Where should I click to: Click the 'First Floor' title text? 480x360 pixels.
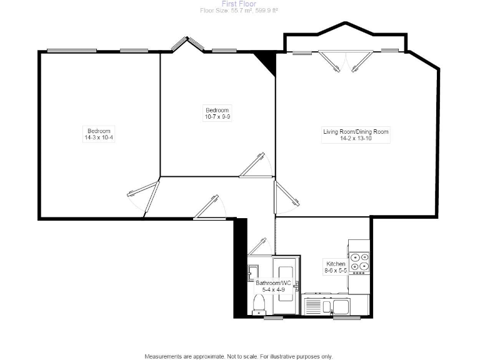[239, 4]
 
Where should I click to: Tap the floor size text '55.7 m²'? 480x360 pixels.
[232, 11]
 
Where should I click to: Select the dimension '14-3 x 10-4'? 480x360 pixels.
[99, 137]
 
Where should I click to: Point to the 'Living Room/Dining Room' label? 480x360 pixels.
[356, 132]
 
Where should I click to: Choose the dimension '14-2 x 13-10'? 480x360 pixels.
[356, 139]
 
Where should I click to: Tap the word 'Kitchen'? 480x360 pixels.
[336, 264]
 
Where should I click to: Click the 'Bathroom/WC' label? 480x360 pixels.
[274, 283]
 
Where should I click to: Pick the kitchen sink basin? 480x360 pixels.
[341, 306]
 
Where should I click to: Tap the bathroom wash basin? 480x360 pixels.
[252, 272]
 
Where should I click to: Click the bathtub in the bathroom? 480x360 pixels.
[287, 289]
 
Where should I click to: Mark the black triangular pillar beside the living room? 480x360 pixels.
[266, 63]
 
